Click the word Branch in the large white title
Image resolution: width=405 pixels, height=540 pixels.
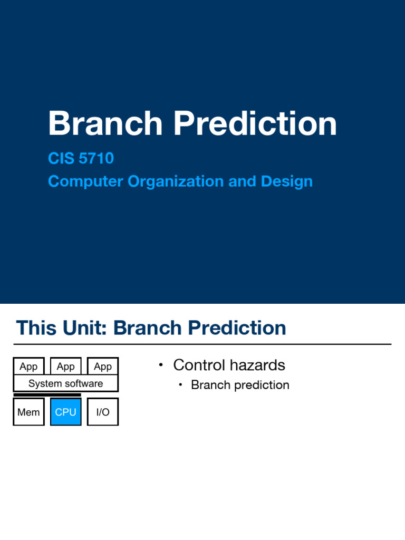pyautogui.click(x=105, y=123)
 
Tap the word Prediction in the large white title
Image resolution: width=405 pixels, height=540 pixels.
pyautogui.click(x=255, y=123)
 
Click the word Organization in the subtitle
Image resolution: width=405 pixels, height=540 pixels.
pyautogui.click(x=176, y=181)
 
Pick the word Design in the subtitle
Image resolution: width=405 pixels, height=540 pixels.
pyautogui.click(x=287, y=181)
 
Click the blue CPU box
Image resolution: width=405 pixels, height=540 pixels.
pyautogui.click(x=66, y=412)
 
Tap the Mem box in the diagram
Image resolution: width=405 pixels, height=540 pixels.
pyautogui.click(x=28, y=412)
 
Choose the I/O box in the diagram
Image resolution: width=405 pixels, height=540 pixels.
pyautogui.click(x=103, y=412)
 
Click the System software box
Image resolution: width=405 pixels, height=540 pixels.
pyautogui.click(x=66, y=383)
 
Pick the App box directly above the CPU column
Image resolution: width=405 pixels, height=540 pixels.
pyautogui.click(x=66, y=366)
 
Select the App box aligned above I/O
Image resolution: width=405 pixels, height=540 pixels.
pyautogui.click(x=103, y=366)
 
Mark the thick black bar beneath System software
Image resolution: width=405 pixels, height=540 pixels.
pyautogui.click(x=47, y=394)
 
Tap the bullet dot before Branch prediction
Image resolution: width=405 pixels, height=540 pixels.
pyautogui.click(x=180, y=385)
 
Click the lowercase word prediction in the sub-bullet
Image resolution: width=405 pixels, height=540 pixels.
pyautogui.click(x=262, y=385)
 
